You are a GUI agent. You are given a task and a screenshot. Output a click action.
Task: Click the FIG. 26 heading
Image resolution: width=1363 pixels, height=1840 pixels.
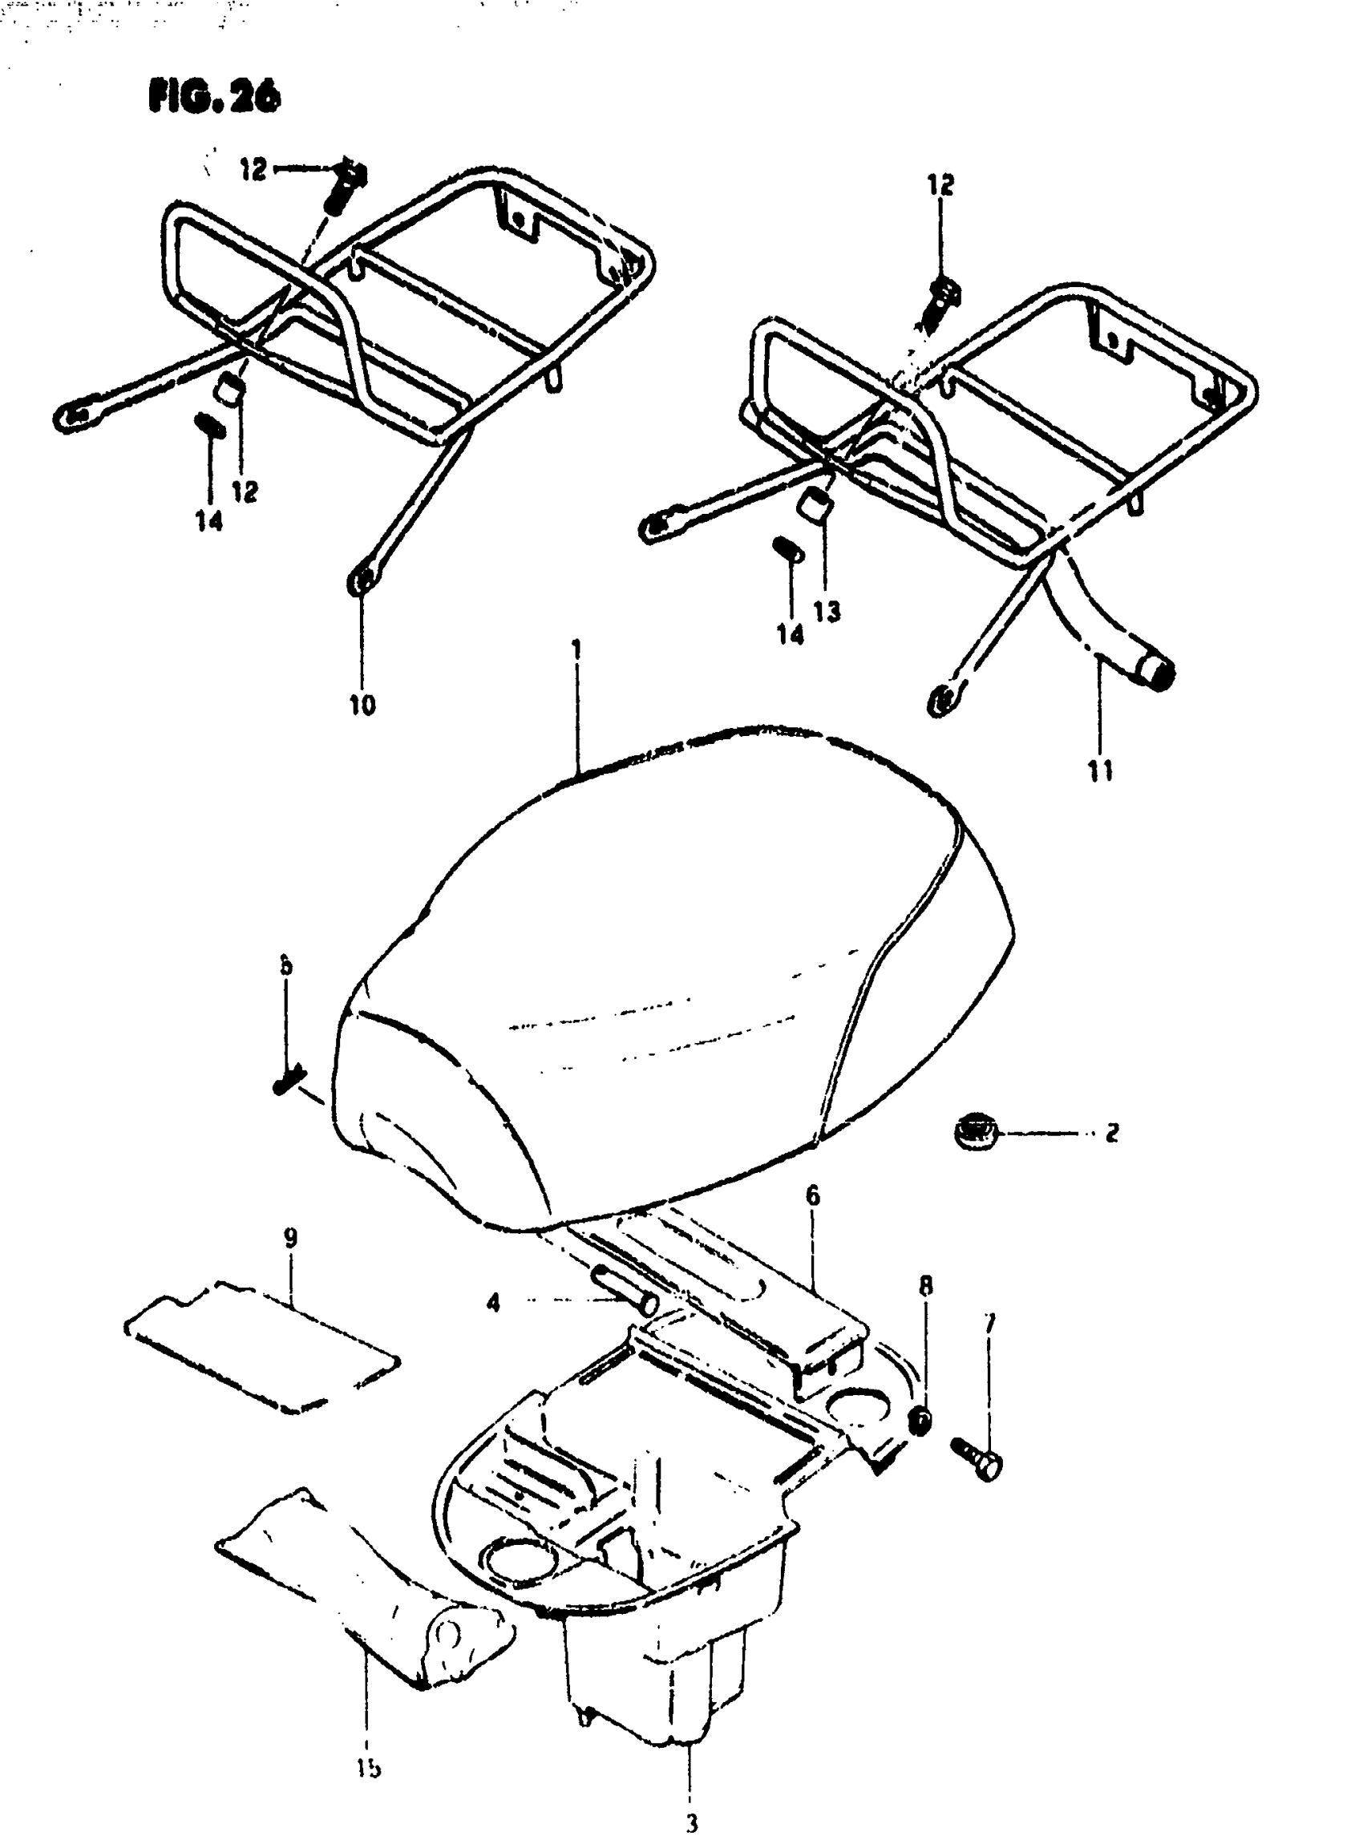[x=215, y=97]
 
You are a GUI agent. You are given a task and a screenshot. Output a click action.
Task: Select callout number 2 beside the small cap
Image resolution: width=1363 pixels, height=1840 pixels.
[x=1112, y=1133]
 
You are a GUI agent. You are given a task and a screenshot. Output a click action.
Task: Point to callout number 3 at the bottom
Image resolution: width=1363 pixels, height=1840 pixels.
[x=691, y=1822]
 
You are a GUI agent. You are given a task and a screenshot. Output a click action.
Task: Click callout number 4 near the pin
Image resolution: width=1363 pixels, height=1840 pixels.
[x=493, y=1303]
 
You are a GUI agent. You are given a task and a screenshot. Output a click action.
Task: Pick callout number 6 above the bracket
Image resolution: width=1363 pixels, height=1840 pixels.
[x=813, y=1195]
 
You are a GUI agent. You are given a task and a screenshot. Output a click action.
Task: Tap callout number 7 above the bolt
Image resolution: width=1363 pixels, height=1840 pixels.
[x=989, y=1323]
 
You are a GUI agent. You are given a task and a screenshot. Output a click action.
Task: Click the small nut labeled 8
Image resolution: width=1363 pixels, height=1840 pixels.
[x=920, y=1421]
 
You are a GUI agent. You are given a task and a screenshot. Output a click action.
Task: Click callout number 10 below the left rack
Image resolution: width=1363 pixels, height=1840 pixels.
[x=362, y=705]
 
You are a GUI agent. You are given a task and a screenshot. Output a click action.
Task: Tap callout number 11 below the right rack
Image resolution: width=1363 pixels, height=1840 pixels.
[x=1101, y=770]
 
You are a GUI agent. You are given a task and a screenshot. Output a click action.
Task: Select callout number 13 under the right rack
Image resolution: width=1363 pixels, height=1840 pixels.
[x=826, y=612]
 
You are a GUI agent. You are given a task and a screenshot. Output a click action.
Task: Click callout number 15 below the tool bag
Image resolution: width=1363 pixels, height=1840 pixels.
[x=369, y=1767]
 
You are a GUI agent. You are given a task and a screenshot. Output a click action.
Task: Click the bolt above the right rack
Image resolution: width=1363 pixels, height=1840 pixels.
[x=942, y=301]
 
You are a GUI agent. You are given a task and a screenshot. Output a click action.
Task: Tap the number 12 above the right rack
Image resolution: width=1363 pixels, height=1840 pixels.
[x=940, y=185]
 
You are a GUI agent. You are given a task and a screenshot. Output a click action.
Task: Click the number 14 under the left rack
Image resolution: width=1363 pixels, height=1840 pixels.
[x=208, y=520]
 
